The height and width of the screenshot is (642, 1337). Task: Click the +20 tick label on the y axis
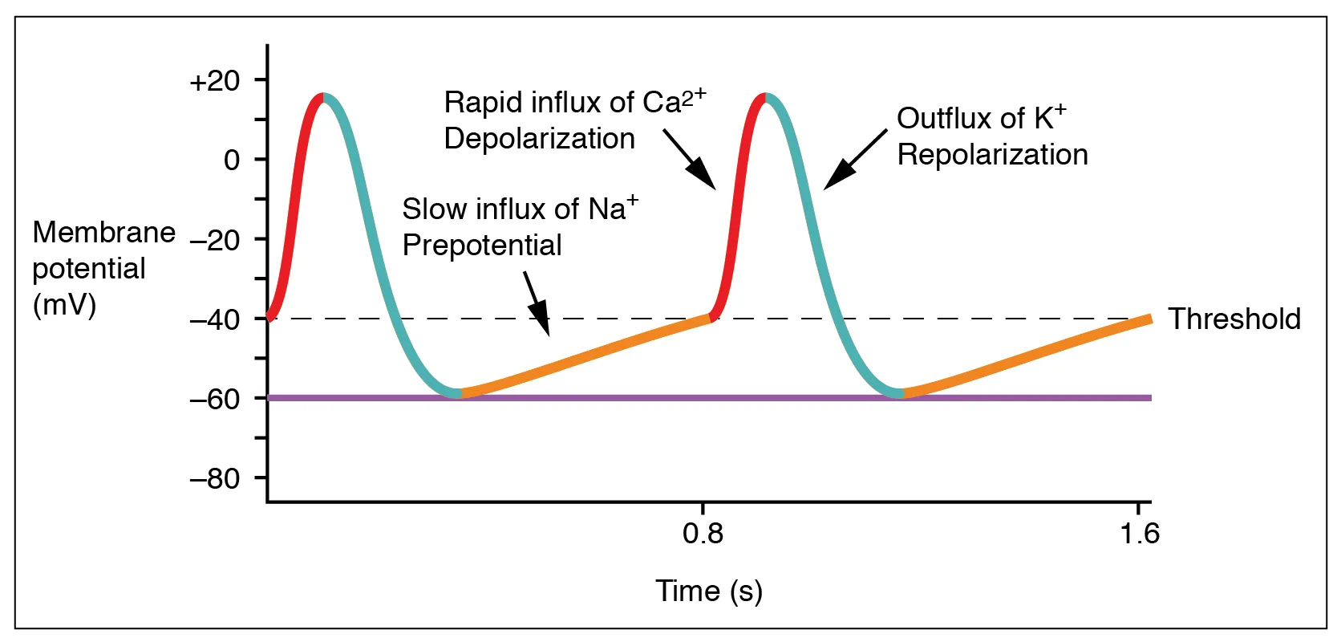pyautogui.click(x=214, y=81)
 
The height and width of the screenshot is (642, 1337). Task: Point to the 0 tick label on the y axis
pyautogui.click(x=232, y=160)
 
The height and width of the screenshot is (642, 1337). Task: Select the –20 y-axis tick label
pyautogui.click(x=214, y=239)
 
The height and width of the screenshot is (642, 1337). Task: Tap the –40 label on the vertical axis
pyautogui.click(x=214, y=319)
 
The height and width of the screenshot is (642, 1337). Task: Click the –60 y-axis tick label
pyautogui.click(x=214, y=398)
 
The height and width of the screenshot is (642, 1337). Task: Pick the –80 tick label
pyautogui.click(x=214, y=478)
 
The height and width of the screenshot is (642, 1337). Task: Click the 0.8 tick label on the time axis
pyautogui.click(x=703, y=533)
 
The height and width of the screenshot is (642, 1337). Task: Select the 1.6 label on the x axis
pyautogui.click(x=1139, y=533)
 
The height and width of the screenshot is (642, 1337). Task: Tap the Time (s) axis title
pyautogui.click(x=708, y=591)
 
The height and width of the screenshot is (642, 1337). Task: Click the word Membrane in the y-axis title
pyautogui.click(x=103, y=232)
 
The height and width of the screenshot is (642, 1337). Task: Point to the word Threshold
pyautogui.click(x=1234, y=319)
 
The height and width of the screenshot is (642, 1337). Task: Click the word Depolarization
pyautogui.click(x=539, y=139)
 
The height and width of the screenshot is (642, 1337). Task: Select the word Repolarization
pyautogui.click(x=992, y=154)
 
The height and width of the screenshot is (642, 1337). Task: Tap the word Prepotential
pyautogui.click(x=481, y=245)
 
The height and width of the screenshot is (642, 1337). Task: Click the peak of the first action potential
pyautogui.click(x=323, y=95)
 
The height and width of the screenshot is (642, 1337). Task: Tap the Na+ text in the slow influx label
pyautogui.click(x=613, y=208)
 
